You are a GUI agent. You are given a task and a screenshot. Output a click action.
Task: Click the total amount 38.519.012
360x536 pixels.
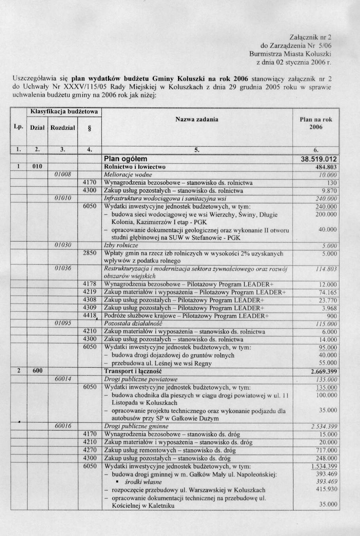pos(319,159)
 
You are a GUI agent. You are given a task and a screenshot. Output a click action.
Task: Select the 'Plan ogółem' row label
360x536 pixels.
pos(125,159)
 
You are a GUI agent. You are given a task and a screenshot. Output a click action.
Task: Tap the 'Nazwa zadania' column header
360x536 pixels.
pos(197,119)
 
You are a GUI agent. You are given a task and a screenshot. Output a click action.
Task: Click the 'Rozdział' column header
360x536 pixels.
pos(63,127)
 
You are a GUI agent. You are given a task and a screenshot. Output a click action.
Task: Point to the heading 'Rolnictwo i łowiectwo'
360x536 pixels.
pos(135,167)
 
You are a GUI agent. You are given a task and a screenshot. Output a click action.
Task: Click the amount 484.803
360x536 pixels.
pos(325,167)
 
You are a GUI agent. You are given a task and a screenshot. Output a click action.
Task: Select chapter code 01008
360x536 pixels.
pos(63,174)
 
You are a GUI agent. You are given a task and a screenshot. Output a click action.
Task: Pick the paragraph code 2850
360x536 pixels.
pos(90,253)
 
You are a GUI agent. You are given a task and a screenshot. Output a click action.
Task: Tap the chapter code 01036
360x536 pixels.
pos(63,269)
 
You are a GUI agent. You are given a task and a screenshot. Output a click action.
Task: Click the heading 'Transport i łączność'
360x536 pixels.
pos(133,371)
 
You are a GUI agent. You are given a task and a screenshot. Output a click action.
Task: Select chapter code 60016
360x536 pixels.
pos(63,426)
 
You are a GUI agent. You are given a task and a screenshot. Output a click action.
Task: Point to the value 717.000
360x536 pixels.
pos(327,450)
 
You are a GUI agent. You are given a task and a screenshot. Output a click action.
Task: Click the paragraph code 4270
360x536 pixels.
pos(90,450)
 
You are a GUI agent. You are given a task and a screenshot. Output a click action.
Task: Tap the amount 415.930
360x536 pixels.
pos(327,489)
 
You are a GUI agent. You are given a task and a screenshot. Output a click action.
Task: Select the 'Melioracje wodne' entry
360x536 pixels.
pos(127,175)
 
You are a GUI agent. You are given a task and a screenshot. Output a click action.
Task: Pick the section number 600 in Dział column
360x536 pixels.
pos(37,371)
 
